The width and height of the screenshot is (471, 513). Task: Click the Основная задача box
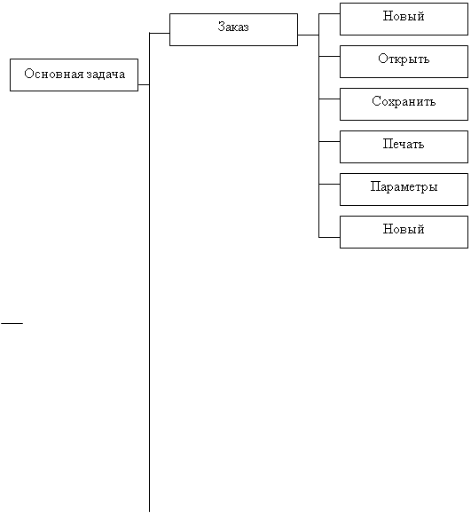[x=74, y=75]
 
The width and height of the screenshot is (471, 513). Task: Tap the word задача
[x=106, y=75]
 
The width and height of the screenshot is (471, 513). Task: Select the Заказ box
[x=233, y=30]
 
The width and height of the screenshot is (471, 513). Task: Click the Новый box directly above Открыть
[x=404, y=19]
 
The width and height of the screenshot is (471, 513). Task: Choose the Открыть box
[x=404, y=62]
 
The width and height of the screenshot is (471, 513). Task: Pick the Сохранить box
[x=404, y=105]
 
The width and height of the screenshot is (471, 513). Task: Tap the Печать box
[x=404, y=147]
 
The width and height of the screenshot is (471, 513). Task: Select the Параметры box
[x=404, y=189]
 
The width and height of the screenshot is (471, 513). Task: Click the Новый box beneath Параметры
[x=404, y=232]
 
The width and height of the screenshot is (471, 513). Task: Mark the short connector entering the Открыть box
[x=329, y=56]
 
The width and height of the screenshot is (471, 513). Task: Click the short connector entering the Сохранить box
[x=329, y=99]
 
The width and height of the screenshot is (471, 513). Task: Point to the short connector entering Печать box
[x=329, y=142]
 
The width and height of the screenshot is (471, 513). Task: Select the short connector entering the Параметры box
[x=329, y=185]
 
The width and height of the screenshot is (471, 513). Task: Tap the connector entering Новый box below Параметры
[x=329, y=237]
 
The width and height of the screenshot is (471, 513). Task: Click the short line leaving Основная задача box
[x=144, y=84]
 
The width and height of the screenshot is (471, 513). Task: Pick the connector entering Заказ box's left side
[x=160, y=33]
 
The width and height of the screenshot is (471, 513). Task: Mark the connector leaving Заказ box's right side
[x=309, y=35]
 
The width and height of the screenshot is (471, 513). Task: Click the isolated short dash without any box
[x=12, y=323]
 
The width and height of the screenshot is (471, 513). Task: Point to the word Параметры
[x=404, y=186]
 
